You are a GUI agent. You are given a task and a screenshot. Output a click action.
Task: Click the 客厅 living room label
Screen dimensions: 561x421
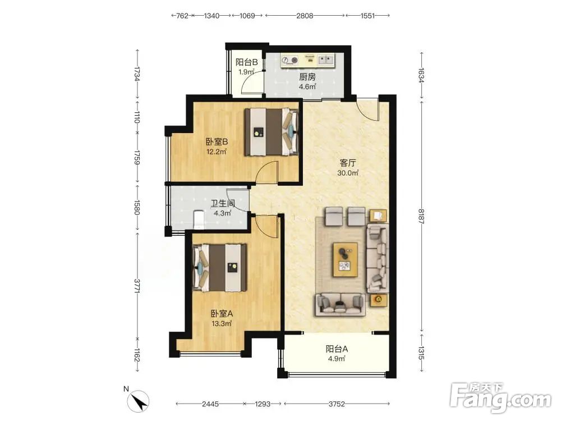[348, 163]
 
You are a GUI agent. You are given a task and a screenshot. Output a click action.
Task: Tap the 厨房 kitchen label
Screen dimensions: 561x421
[307, 77]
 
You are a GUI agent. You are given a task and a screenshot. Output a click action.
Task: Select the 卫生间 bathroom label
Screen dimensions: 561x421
[223, 204]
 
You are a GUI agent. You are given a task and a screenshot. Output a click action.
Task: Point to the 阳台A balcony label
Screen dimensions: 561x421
[336, 349]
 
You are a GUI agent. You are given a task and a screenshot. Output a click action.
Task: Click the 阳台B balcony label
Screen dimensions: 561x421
[246, 62]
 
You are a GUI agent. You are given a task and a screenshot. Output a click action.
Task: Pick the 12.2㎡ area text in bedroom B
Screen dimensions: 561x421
[217, 152]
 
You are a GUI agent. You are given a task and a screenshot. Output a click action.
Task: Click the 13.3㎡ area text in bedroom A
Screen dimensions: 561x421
[222, 324]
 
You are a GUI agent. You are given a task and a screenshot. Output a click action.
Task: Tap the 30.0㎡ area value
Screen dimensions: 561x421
[348, 173]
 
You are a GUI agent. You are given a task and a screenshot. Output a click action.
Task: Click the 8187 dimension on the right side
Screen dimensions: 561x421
[421, 216]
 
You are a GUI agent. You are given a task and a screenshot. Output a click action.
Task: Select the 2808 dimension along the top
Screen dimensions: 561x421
[305, 16]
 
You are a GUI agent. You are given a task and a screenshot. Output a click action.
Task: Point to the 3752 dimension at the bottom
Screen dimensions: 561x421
[336, 404]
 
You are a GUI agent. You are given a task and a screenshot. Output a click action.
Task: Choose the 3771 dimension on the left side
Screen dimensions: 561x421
[136, 286]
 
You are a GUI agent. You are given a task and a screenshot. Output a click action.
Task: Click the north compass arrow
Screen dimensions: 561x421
[140, 401]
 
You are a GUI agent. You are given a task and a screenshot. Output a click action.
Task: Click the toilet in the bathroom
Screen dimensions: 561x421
[199, 220]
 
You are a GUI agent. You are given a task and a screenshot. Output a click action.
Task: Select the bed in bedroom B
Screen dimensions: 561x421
[271, 132]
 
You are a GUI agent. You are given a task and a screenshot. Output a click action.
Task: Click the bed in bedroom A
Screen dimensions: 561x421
[220, 268]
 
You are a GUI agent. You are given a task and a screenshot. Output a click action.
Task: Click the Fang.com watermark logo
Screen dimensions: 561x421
[500, 397]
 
